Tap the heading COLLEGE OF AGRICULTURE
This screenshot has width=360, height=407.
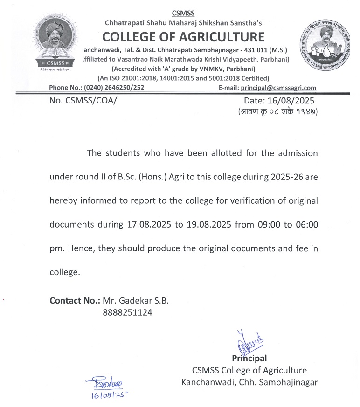pyautogui.click(x=183, y=36)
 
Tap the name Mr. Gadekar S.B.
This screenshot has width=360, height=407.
pyautogui.click(x=136, y=301)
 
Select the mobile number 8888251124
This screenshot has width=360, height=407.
pyautogui.click(x=127, y=313)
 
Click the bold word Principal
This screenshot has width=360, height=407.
pyautogui.click(x=249, y=359)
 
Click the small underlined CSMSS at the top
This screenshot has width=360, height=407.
pyautogui.click(x=183, y=13)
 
